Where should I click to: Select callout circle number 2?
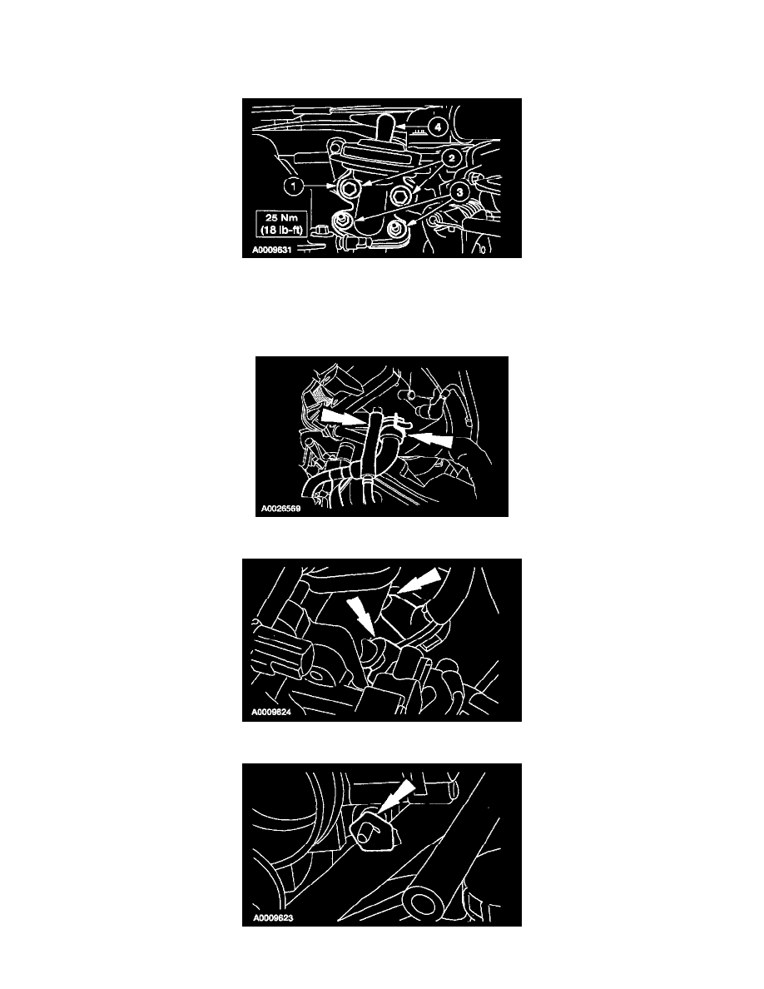pos(452,157)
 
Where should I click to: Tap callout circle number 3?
pos(459,191)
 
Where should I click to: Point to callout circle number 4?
pos(437,127)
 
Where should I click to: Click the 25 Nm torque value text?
pos(282,218)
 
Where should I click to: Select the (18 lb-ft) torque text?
pos(282,230)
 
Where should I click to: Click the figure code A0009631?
pos(271,250)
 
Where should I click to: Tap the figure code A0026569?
pos(281,509)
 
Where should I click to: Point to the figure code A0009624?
pos(271,712)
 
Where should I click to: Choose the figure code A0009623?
pos(273,917)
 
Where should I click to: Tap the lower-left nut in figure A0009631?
pos(341,221)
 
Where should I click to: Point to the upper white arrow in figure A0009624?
pos(419,580)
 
